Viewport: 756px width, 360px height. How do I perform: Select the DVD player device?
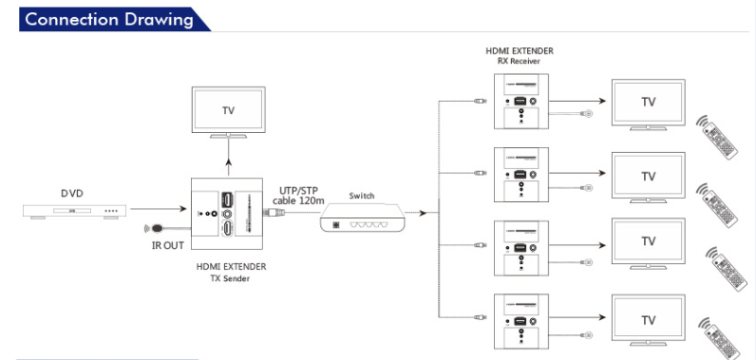(x=75, y=212)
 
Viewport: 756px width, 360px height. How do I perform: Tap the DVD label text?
(x=72, y=194)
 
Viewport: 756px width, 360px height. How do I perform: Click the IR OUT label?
(x=168, y=245)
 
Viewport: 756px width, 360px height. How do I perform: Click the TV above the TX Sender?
(x=229, y=112)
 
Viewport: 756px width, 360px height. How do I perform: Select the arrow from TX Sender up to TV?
(x=229, y=158)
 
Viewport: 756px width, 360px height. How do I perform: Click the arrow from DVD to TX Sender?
(x=159, y=209)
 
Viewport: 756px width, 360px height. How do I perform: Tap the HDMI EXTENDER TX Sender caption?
(x=231, y=272)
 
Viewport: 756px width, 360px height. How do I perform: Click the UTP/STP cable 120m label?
(x=299, y=195)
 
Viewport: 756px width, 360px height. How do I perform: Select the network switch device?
(x=363, y=218)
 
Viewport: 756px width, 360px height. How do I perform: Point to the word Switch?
(x=362, y=196)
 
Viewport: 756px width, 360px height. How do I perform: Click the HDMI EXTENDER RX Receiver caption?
(x=520, y=56)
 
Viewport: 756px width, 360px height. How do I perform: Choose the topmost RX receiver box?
(x=521, y=102)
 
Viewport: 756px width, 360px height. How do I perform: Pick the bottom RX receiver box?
(x=521, y=321)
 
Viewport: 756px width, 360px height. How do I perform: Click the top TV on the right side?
(x=649, y=105)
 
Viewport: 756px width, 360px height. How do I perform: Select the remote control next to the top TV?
(x=718, y=137)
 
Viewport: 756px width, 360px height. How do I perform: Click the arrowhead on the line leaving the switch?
(x=423, y=213)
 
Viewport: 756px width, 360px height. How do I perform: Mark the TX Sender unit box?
(x=227, y=214)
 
